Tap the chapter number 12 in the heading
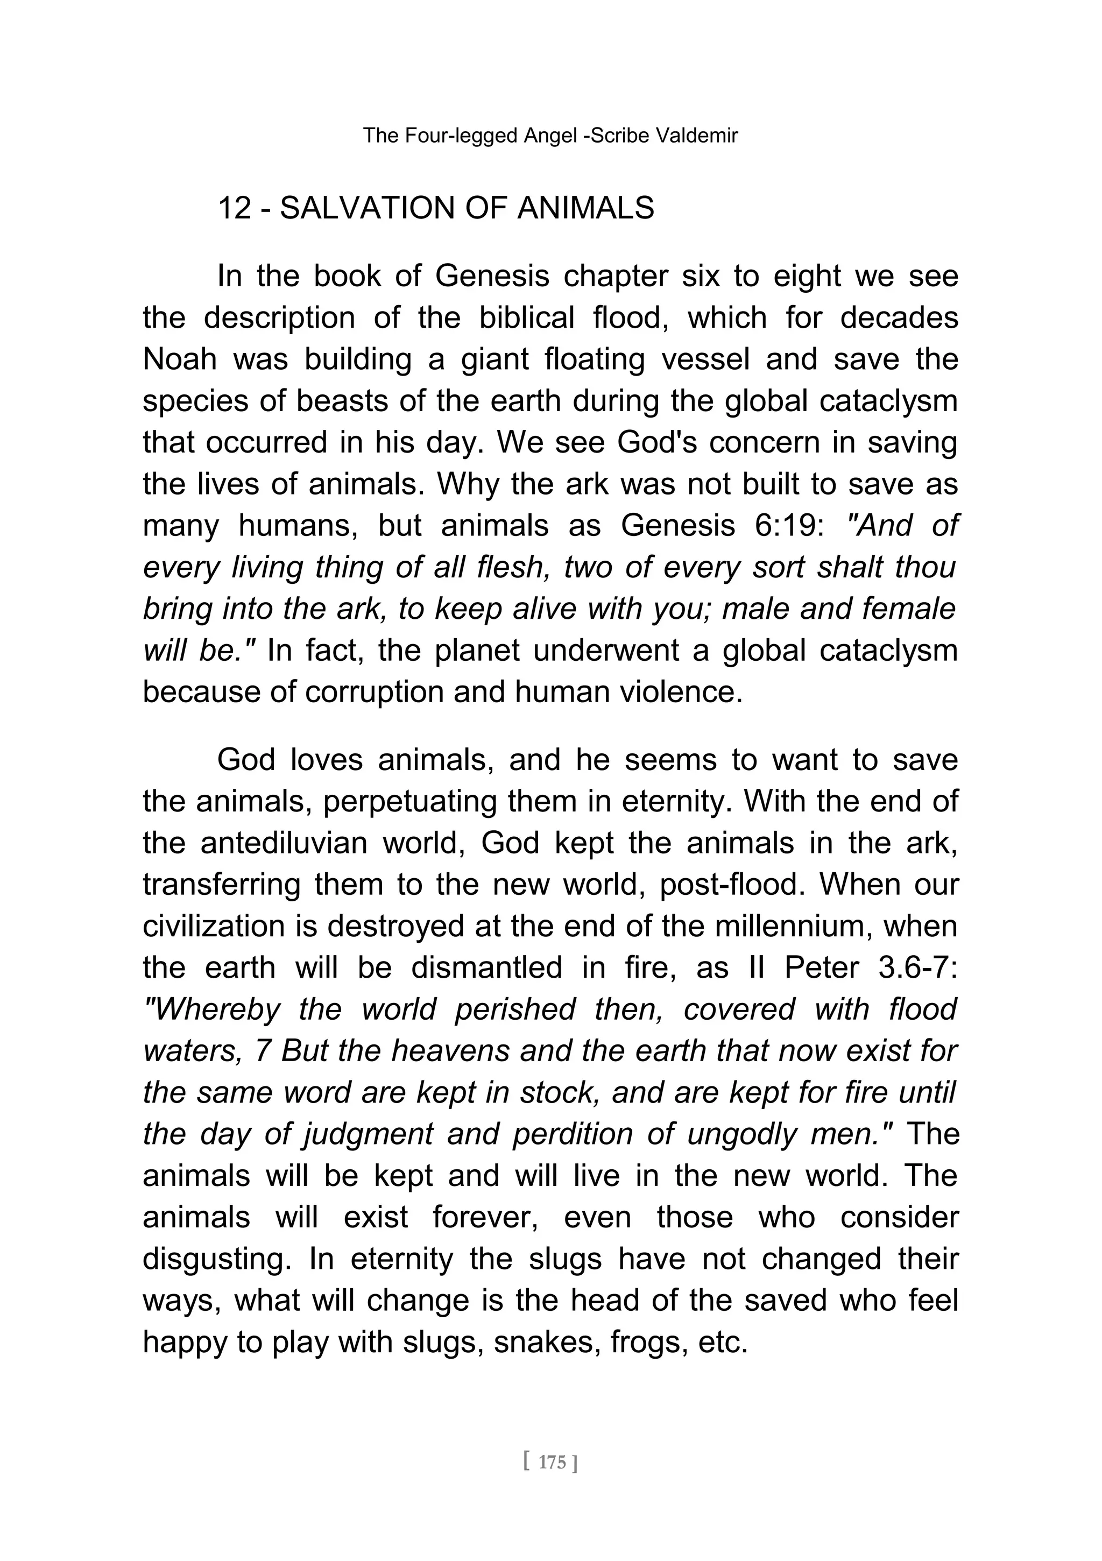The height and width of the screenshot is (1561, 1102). click(235, 208)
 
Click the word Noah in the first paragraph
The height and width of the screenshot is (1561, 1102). click(180, 359)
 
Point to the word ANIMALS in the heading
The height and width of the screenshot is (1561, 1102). click(585, 208)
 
